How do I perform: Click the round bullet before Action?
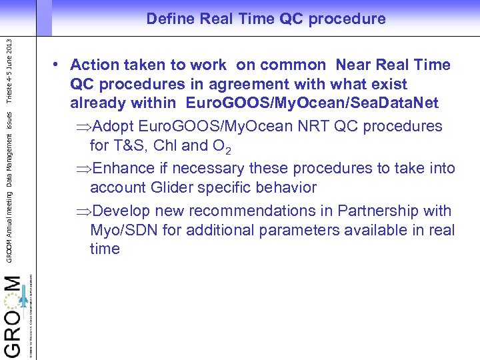pyautogui.click(x=59, y=65)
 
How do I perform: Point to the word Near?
pyautogui.click(x=354, y=65)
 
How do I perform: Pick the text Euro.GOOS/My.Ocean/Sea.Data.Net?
pyautogui.click(x=313, y=104)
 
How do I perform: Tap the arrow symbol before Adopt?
pyautogui.click(x=84, y=127)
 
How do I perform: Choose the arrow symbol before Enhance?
pyautogui.click(x=84, y=169)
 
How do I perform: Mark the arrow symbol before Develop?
pyautogui.click(x=84, y=211)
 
